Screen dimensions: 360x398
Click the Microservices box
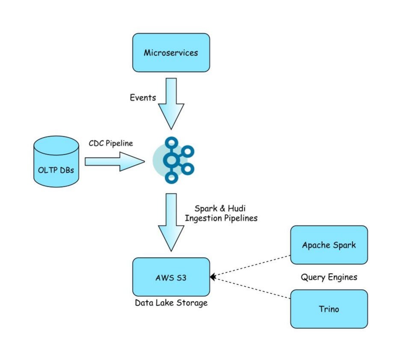(171, 53)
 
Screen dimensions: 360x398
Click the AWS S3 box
(171, 277)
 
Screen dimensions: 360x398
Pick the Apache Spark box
(329, 245)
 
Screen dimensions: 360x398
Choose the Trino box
(329, 309)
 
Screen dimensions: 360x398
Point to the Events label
(143, 97)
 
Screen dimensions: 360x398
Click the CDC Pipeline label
(111, 143)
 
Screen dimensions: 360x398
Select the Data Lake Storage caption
(171, 303)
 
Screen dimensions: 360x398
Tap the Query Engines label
(329, 277)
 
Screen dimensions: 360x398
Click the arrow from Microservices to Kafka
(171, 103)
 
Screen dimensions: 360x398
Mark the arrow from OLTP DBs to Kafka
(114, 161)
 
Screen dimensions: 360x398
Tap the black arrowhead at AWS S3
(212, 277)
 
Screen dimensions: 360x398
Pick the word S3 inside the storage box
(181, 277)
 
